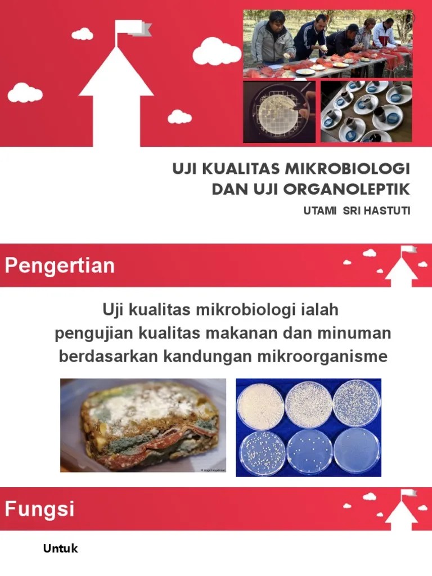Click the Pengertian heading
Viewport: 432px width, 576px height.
(x=60, y=265)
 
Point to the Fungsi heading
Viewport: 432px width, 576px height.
(x=40, y=510)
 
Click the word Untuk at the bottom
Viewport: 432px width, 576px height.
(x=61, y=549)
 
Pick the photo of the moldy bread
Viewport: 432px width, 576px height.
(x=143, y=425)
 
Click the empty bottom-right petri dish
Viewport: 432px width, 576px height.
(x=357, y=451)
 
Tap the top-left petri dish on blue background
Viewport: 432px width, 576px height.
(x=260, y=406)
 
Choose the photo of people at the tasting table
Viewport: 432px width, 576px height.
(x=328, y=43)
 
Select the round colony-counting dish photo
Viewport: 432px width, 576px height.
(x=280, y=112)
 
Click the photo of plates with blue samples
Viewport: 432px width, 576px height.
(x=366, y=112)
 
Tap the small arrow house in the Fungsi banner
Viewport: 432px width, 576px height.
(x=401, y=508)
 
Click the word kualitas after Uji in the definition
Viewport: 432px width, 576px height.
(x=161, y=310)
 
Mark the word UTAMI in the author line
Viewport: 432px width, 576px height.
(x=318, y=211)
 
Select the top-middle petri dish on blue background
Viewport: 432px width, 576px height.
(x=308, y=404)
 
